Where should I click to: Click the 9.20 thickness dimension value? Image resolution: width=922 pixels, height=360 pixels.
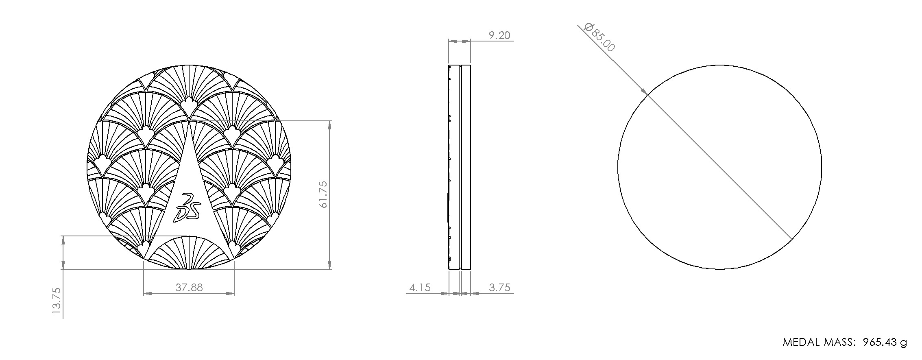[x=499, y=36]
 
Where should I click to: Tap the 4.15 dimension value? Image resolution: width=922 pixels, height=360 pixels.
[x=420, y=288]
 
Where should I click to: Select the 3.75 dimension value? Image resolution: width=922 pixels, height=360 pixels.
[x=499, y=288]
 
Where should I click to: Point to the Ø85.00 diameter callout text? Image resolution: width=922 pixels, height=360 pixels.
[x=599, y=38]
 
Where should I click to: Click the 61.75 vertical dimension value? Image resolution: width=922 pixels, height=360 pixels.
[x=324, y=194]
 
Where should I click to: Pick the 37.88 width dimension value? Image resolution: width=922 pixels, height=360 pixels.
[x=189, y=288]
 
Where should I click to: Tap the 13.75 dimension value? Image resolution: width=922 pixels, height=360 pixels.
[x=57, y=301]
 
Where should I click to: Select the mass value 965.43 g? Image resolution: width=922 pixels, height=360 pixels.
[x=885, y=343]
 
